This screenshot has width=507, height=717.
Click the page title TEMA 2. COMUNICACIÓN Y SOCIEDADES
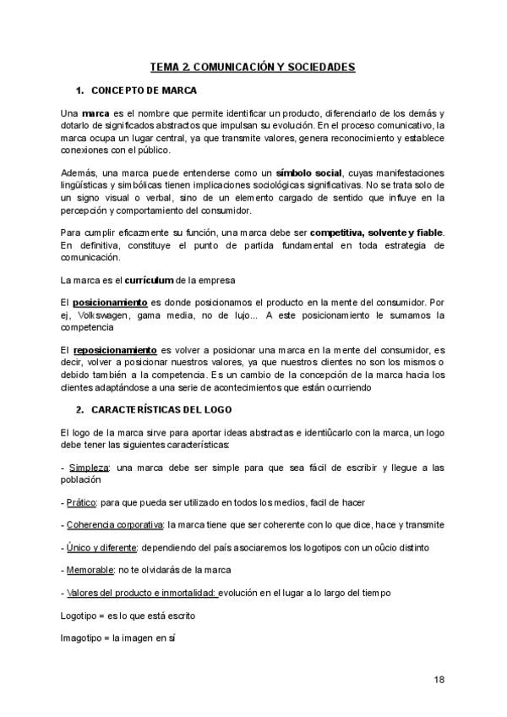point(253,66)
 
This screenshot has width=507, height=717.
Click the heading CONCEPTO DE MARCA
point(144,90)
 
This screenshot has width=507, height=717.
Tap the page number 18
point(439,679)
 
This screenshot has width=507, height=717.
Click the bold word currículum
point(150,279)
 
